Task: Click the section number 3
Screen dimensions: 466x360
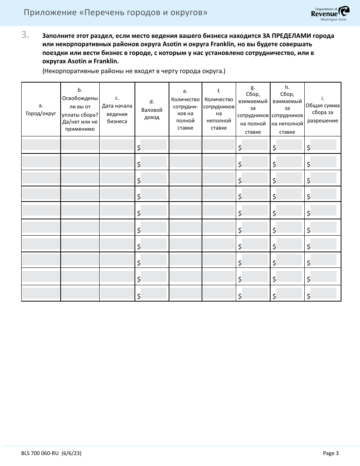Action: (25, 35)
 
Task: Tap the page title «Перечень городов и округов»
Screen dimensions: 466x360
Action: (116, 13)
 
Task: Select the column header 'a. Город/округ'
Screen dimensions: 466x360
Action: (41, 109)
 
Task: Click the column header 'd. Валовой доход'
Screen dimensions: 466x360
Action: (152, 109)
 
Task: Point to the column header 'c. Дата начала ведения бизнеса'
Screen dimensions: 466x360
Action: (117, 109)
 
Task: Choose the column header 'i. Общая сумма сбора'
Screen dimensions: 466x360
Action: (322, 109)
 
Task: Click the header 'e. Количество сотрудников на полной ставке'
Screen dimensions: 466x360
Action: (185, 109)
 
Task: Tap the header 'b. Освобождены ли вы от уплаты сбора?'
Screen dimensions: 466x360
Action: (80, 109)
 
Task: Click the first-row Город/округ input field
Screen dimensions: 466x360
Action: (41, 145)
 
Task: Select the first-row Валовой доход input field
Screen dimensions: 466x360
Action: (153, 145)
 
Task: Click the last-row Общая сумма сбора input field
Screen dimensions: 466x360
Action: (323, 293)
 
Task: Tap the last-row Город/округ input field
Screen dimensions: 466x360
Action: (41, 293)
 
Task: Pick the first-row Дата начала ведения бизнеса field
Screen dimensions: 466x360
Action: (117, 145)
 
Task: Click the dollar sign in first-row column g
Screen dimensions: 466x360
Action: (239, 148)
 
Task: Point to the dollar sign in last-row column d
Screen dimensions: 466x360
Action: (139, 296)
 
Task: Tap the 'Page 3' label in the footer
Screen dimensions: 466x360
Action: (330, 453)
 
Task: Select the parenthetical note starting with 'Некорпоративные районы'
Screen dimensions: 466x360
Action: (134, 71)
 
